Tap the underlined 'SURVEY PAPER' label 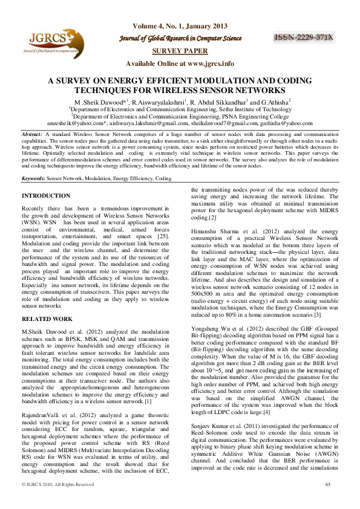pyautogui.click(x=178, y=51)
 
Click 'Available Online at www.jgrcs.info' pyautogui.click(x=179, y=63)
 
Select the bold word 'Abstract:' pyautogui.click(x=31, y=132)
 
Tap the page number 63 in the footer pyautogui.click(x=328, y=501)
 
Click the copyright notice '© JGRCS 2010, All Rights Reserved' pyautogui.click(x=57, y=501)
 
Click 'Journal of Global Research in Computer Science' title pyautogui.click(x=179, y=39)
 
